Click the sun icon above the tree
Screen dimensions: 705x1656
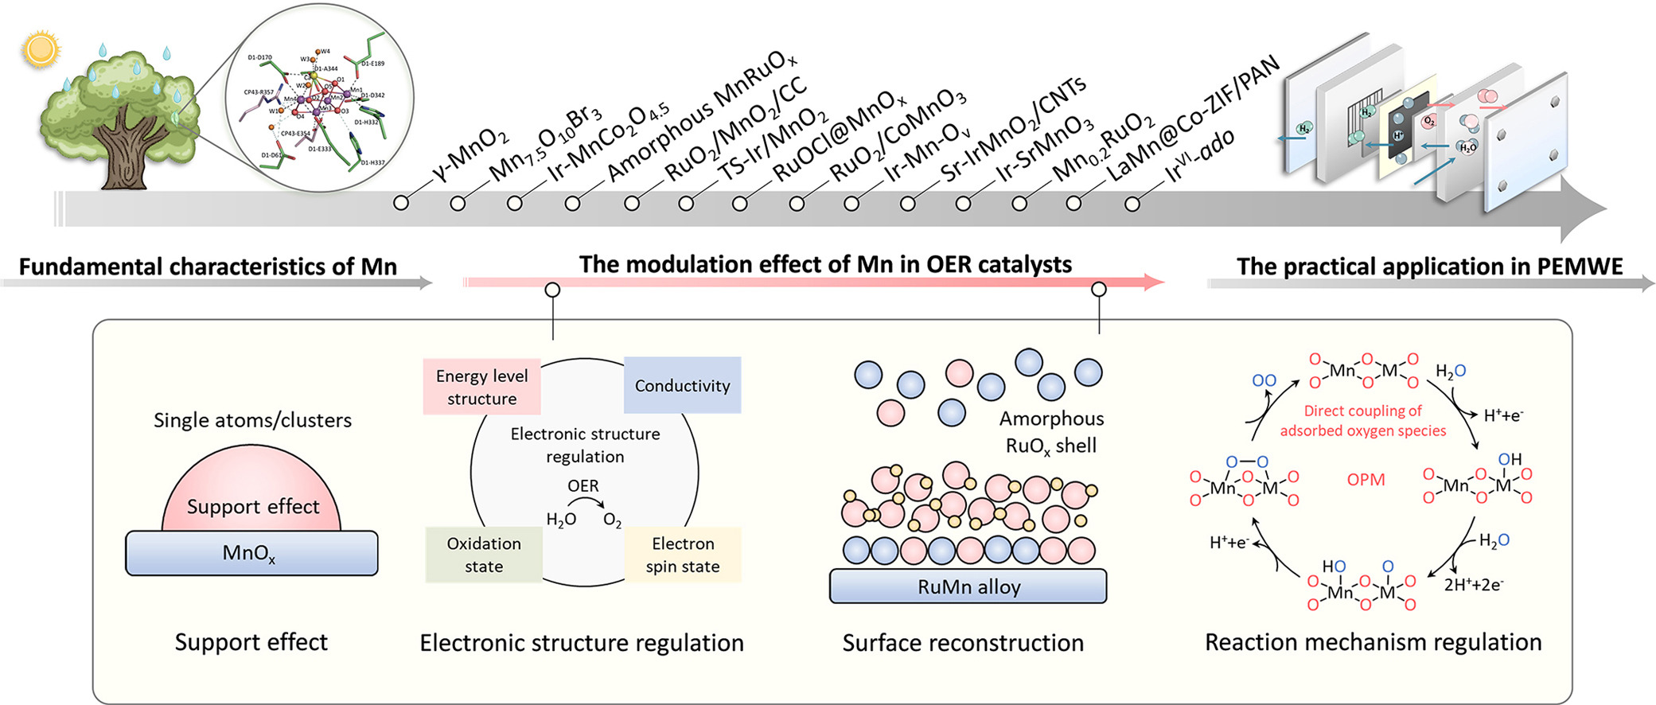[x=41, y=49]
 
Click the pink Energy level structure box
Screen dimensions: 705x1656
[x=481, y=388]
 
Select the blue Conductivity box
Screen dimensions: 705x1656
[x=682, y=386]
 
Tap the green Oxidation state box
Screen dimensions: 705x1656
[x=484, y=555]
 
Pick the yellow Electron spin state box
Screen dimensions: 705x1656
[x=683, y=555]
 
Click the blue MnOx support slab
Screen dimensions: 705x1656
[x=251, y=553]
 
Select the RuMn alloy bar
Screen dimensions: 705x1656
[x=968, y=586]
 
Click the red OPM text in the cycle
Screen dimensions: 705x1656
[x=1366, y=480]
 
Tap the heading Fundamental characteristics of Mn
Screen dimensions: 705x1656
[x=208, y=267]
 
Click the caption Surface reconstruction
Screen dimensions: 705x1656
[x=963, y=643]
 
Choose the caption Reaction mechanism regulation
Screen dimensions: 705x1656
[x=1373, y=642]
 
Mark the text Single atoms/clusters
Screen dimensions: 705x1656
[x=252, y=420]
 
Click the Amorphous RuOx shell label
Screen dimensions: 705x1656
[x=1051, y=432]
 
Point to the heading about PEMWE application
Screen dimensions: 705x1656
[x=1429, y=267]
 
